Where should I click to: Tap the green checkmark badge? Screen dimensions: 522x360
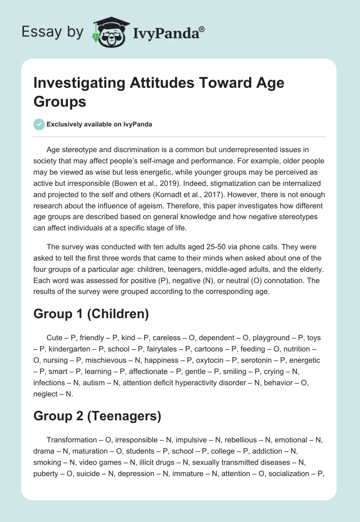coord(39,124)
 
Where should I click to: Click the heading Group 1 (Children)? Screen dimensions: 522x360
coord(91,314)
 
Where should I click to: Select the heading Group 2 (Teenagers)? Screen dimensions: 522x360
coord(97,416)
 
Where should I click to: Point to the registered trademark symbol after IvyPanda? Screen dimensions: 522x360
coord(202,28)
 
